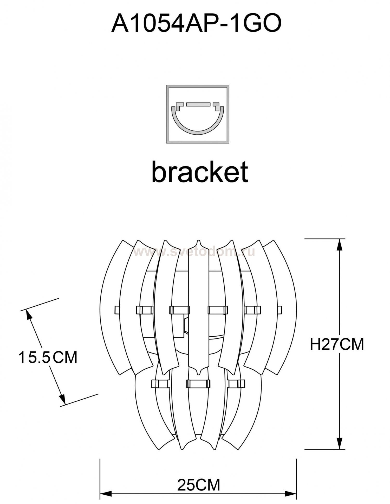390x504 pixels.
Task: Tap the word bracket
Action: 200,171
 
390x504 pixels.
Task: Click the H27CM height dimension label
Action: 337,344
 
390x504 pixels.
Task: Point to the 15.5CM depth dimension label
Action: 48,357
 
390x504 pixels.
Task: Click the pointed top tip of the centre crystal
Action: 199,240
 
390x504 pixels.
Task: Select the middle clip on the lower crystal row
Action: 198,383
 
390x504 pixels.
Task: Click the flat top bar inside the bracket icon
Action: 198,104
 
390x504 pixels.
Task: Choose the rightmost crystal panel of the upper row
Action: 282,307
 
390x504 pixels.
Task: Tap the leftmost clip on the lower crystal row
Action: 159,383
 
